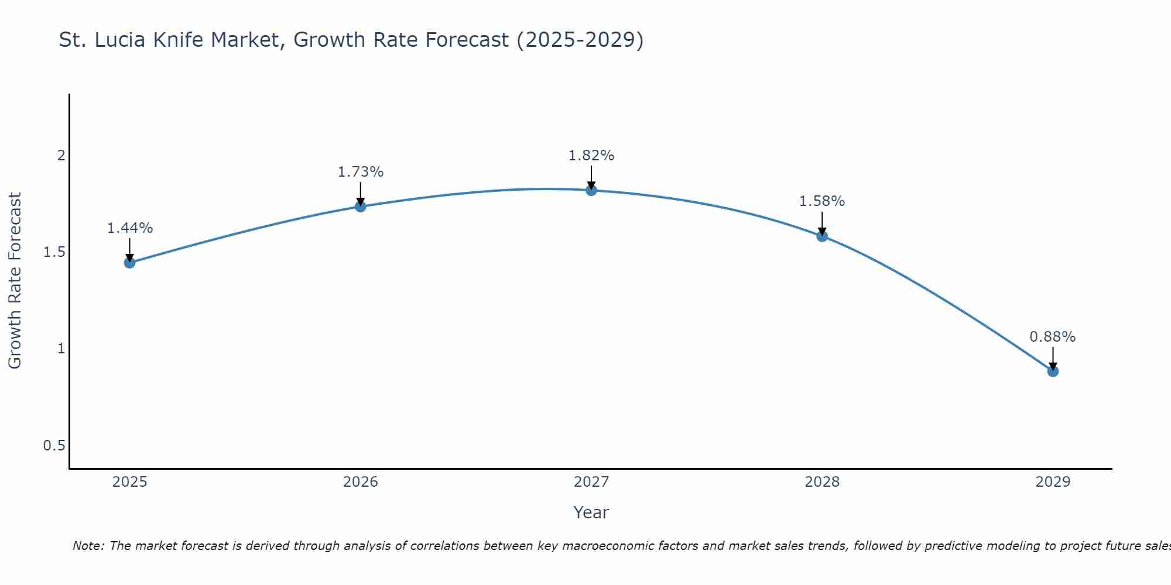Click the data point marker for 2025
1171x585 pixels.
pyautogui.click(x=129, y=263)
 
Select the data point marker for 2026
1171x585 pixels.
pyautogui.click(x=361, y=207)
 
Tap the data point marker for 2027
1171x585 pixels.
pyautogui.click(x=591, y=190)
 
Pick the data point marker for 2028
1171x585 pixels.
pyautogui.click(x=822, y=236)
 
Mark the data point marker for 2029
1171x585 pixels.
pyautogui.click(x=1053, y=371)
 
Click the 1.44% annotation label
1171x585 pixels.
pyautogui.click(x=129, y=228)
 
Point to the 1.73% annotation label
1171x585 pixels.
pyautogui.click(x=361, y=172)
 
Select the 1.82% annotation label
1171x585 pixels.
pyautogui.click(x=591, y=156)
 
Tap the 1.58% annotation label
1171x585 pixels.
pyautogui.click(x=822, y=201)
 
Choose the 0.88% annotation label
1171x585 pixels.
pyautogui.click(x=1053, y=337)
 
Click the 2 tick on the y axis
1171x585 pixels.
pyautogui.click(x=61, y=156)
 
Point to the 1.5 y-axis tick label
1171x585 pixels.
pyautogui.click(x=54, y=252)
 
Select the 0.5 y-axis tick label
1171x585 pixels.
pyautogui.click(x=54, y=446)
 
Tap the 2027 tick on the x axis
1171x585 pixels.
pyautogui.click(x=591, y=482)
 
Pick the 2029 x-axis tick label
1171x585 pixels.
pyautogui.click(x=1053, y=482)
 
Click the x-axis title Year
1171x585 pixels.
pyautogui.click(x=591, y=512)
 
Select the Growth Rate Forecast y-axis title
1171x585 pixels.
pyautogui.click(x=15, y=281)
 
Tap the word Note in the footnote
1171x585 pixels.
pyautogui.click(x=88, y=546)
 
